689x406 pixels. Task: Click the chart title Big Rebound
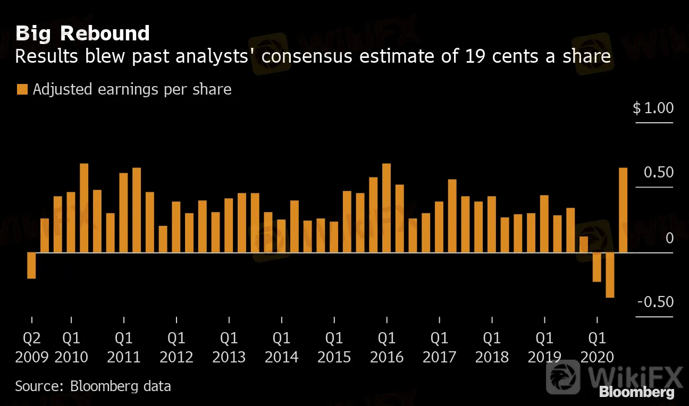(x=82, y=33)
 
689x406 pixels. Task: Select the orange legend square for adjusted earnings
(x=22, y=89)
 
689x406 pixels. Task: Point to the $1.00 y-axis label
(x=653, y=108)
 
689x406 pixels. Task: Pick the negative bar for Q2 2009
(x=31, y=265)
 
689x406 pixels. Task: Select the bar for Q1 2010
(x=71, y=222)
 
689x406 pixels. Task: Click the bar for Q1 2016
(x=386, y=208)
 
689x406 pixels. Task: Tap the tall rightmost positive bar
(x=623, y=210)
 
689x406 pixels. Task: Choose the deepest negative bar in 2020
(x=610, y=275)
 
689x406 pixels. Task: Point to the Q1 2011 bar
(x=123, y=213)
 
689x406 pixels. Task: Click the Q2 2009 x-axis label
(x=32, y=347)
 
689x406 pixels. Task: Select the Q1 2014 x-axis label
(x=282, y=347)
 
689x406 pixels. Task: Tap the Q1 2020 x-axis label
(x=597, y=347)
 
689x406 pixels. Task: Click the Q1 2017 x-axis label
(x=439, y=347)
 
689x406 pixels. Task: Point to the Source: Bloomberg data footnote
(x=93, y=385)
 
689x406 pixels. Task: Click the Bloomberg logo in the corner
(x=636, y=393)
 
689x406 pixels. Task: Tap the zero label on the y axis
(x=669, y=238)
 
